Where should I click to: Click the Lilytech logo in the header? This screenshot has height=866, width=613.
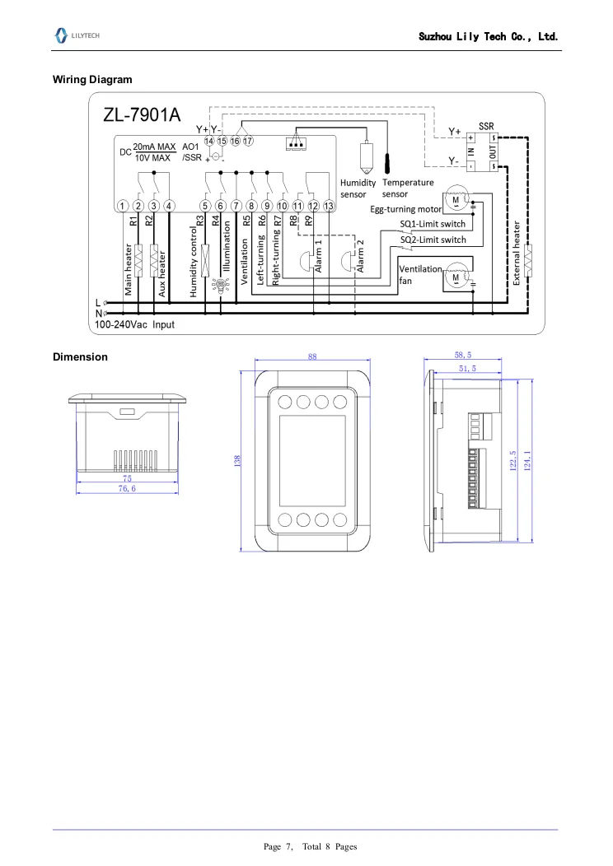click(77, 35)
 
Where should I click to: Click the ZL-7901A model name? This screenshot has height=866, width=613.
click(142, 115)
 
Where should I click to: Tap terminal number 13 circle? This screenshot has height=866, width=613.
click(329, 206)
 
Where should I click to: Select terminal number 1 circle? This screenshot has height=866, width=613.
click(123, 206)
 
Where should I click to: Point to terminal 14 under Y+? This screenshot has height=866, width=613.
click(209, 141)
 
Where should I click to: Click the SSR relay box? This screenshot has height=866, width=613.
click(482, 152)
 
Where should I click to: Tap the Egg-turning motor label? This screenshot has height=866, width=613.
click(405, 209)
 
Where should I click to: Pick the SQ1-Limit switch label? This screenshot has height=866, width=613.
click(433, 224)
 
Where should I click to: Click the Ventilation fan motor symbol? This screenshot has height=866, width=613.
click(456, 277)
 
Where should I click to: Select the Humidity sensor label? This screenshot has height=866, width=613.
click(358, 189)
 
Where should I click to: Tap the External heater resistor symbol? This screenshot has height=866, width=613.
click(528, 260)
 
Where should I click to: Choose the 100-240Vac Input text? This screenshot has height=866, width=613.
click(134, 324)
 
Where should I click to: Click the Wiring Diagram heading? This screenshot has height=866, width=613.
click(92, 80)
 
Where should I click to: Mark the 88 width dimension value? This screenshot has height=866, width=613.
click(312, 356)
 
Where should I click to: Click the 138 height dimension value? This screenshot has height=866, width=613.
click(237, 461)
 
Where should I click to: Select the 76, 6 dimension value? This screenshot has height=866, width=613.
click(127, 489)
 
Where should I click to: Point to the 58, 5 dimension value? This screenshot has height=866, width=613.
click(463, 355)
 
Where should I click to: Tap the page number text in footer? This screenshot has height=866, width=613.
click(310, 847)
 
